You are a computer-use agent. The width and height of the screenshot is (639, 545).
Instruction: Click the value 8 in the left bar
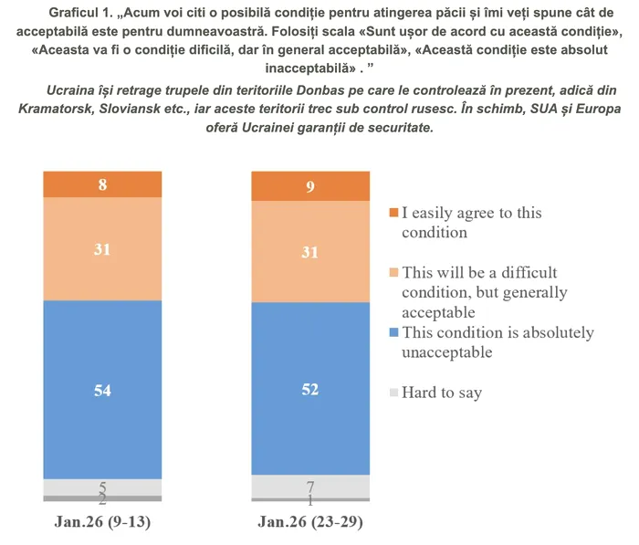click(102, 184)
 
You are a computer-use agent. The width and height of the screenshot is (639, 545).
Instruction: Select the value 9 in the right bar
click(310, 187)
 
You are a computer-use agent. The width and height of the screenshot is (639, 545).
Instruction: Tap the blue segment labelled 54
click(102, 390)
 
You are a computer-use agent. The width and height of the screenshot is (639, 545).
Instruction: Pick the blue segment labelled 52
click(310, 389)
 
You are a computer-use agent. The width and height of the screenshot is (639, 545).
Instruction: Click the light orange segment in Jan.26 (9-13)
click(102, 248)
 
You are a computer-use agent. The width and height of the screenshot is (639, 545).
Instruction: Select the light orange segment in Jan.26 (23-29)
click(310, 252)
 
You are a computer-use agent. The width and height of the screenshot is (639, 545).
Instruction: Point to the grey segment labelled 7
click(310, 486)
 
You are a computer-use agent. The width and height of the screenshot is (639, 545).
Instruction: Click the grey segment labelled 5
click(102, 487)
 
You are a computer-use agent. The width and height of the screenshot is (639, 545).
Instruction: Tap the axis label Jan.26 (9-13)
click(102, 522)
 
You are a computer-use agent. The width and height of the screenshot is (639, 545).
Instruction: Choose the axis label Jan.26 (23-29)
click(310, 522)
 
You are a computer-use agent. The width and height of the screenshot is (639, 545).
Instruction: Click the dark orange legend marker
click(393, 213)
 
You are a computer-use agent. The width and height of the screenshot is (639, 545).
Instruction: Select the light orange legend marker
click(393, 273)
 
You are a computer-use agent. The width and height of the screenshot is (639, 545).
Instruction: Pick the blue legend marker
click(393, 333)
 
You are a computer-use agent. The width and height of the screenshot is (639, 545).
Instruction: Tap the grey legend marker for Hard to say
click(393, 393)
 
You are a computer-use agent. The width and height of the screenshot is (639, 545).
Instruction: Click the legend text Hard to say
click(442, 393)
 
